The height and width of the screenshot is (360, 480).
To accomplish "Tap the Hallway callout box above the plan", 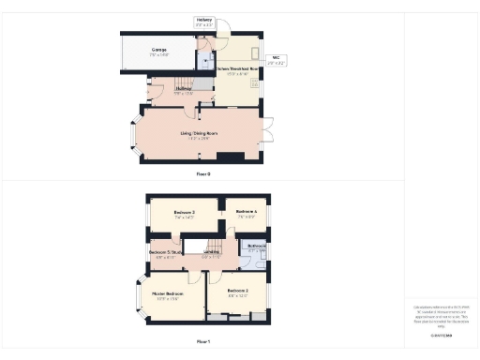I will pyautogui.click(x=204, y=22).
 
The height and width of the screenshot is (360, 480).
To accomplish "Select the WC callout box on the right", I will pyautogui.click(x=277, y=62).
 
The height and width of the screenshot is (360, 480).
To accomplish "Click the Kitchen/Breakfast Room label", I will pyautogui.click(x=236, y=72).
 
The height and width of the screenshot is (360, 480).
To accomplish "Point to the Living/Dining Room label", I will pyautogui.click(x=199, y=135).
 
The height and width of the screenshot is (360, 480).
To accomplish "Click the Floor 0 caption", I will pyautogui.click(x=203, y=174).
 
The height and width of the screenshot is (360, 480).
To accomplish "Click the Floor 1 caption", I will pyautogui.click(x=203, y=341).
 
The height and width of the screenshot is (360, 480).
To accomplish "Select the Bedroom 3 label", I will pyautogui.click(x=184, y=215).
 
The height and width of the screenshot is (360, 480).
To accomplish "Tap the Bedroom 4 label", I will pyautogui.click(x=247, y=213).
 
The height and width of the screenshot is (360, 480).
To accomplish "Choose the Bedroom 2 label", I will pyautogui.click(x=237, y=292).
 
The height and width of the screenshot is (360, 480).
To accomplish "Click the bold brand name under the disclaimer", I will pyautogui.click(x=441, y=333).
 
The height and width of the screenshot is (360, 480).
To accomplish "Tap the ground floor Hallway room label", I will pyautogui.click(x=184, y=91).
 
